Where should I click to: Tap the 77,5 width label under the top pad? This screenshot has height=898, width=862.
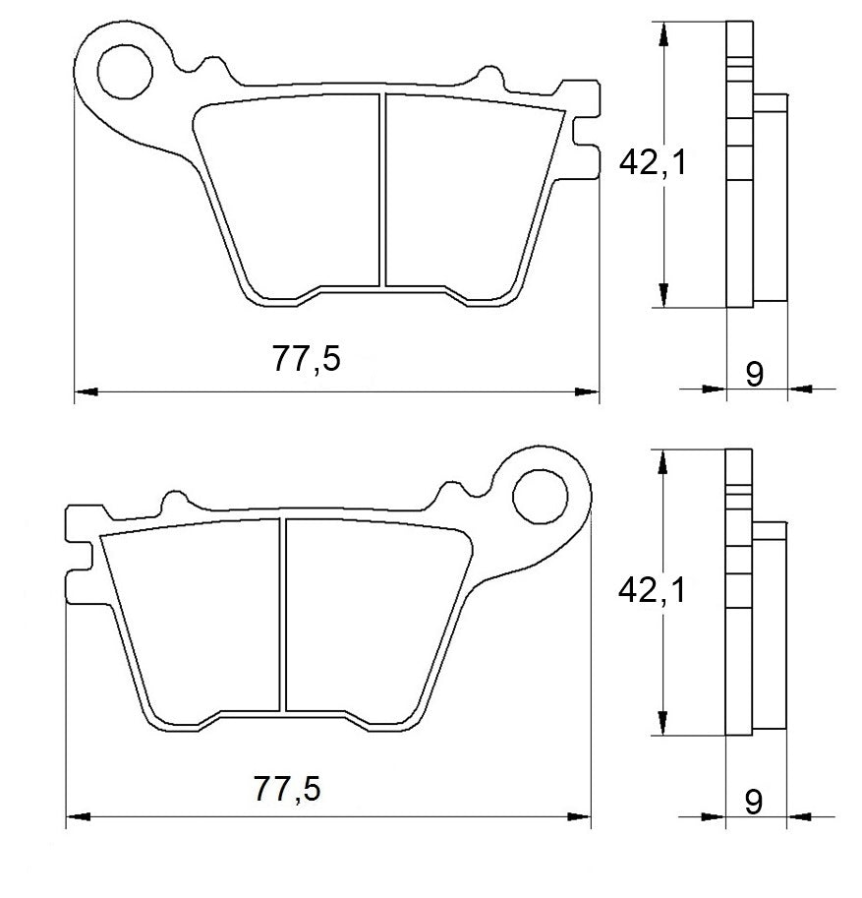(307, 361)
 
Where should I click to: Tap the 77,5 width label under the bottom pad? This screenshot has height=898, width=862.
(287, 787)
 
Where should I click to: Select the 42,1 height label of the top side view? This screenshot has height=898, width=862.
(652, 162)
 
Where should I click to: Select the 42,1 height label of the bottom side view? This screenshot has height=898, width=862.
(652, 590)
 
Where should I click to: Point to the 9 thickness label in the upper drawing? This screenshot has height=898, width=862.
(754, 374)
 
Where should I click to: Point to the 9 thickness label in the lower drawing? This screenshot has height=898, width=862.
(754, 802)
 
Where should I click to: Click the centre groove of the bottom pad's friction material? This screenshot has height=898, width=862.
(283, 615)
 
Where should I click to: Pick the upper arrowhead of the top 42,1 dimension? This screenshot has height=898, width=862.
(665, 32)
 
